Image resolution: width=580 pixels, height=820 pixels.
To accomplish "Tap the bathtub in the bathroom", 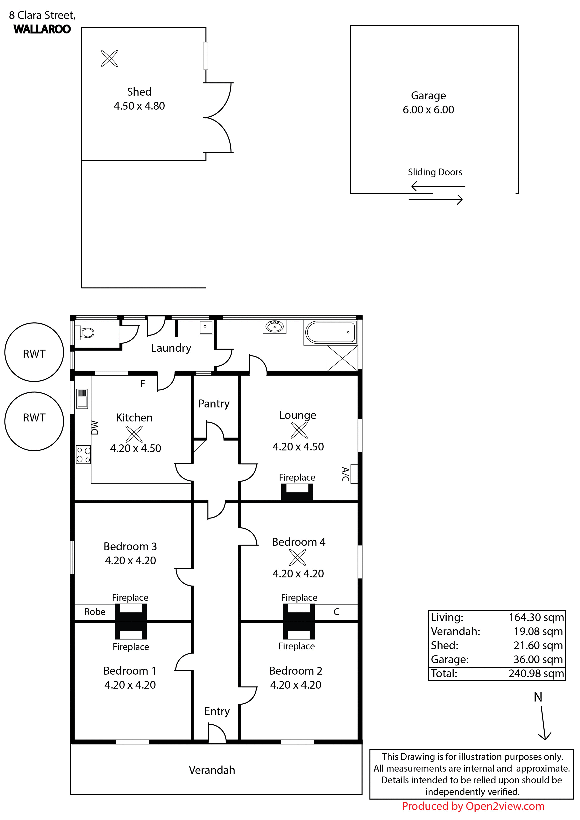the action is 331,332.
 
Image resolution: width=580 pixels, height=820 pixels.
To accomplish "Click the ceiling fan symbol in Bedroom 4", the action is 298,557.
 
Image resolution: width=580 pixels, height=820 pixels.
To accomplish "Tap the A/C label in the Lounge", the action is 345,474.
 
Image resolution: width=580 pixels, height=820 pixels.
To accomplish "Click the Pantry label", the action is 214,404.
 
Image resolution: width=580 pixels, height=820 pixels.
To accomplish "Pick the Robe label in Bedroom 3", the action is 95,612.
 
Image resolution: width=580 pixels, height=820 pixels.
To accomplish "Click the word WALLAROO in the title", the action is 42,29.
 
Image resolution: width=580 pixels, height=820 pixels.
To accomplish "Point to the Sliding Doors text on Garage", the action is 435,172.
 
